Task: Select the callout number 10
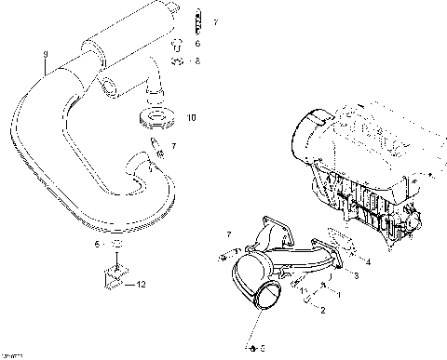[x=192, y=118]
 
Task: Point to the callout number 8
[x=196, y=62]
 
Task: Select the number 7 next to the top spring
[x=215, y=20]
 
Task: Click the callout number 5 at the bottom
[x=261, y=347]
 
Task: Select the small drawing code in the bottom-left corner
[x=12, y=354]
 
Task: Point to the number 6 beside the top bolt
[x=196, y=43]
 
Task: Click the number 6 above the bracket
[x=97, y=244]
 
